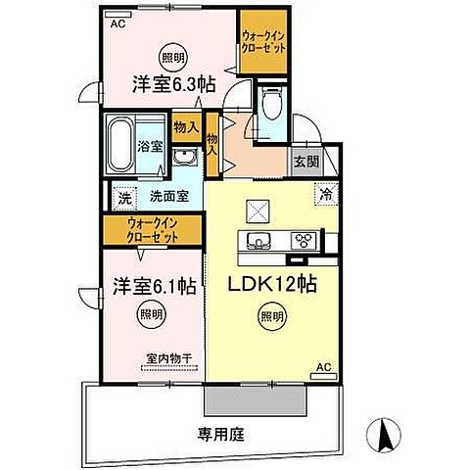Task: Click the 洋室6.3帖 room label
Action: tap(173, 85)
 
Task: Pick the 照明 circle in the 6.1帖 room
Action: tap(147, 315)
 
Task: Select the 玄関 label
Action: tap(303, 164)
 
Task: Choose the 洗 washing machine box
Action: tap(124, 196)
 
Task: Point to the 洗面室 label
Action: tap(164, 196)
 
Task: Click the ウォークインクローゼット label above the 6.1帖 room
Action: tap(151, 232)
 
